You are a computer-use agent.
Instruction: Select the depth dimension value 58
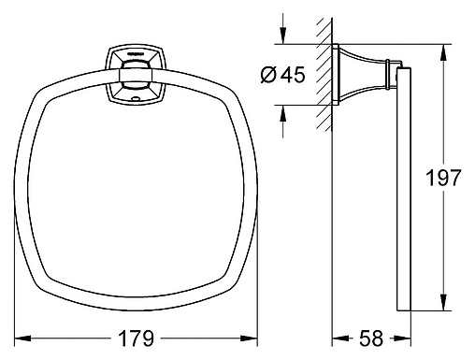[372, 337]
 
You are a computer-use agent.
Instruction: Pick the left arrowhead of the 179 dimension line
[24, 338]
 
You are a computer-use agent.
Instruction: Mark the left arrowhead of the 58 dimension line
[338, 338]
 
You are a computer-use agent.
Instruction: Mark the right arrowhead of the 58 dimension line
[406, 338]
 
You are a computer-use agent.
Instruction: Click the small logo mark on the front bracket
[137, 55]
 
